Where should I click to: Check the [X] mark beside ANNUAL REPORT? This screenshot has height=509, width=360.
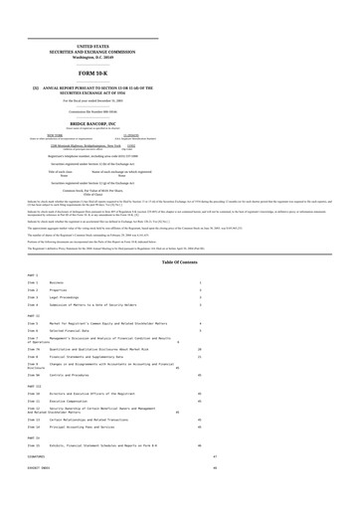[37, 88]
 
